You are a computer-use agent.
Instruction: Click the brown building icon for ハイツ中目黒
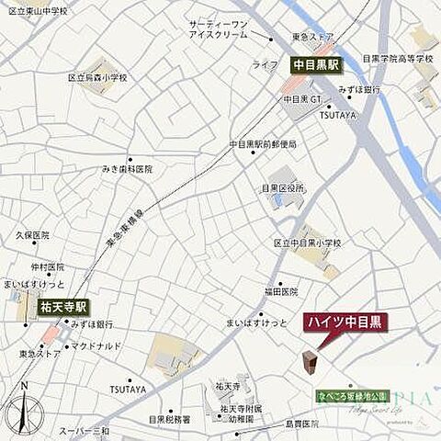coord(310,362)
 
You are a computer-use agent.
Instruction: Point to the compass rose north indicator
coord(25,405)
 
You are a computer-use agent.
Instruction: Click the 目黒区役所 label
coord(283,188)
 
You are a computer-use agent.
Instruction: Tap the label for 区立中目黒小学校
coord(307,243)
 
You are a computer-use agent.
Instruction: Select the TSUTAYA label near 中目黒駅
coord(338,116)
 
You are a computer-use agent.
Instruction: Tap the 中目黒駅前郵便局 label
coord(264,144)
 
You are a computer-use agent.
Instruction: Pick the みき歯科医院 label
coord(128,169)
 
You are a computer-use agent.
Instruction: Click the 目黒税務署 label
coord(170,420)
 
